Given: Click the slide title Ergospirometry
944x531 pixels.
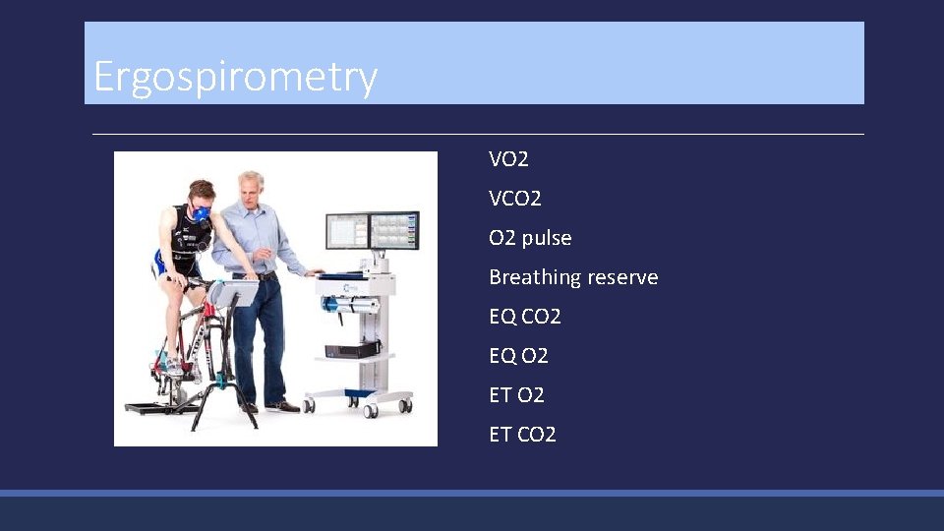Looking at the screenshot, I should (235, 77).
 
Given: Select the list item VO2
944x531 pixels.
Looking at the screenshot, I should (508, 159).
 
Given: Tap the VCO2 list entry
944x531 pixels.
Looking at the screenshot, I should (515, 199).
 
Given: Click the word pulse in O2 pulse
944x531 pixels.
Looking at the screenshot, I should (548, 239).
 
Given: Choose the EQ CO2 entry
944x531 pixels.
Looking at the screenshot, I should (525, 318).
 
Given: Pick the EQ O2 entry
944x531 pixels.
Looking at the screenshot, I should (518, 356).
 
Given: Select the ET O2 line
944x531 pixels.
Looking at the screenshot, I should (516, 395).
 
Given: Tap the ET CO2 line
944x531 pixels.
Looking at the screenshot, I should (522, 435).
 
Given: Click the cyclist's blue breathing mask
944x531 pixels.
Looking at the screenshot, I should (202, 213).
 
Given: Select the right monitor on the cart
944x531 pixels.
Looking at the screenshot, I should (393, 230).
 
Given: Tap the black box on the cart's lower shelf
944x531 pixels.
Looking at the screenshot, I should (353, 349).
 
